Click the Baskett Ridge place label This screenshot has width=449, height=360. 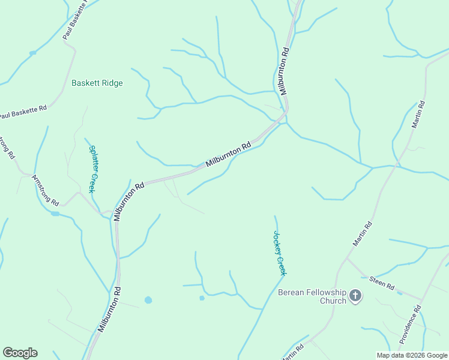(97, 83)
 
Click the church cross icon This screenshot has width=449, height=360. (355, 295)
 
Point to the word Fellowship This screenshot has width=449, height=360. (325, 292)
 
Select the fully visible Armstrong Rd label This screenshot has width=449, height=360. (46, 189)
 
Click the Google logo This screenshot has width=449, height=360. (20, 353)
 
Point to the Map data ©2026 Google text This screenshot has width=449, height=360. (411, 355)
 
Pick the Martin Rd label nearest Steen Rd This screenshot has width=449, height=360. (363, 234)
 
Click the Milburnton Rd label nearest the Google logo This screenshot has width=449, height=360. (109, 309)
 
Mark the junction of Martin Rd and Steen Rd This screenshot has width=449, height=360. (347, 259)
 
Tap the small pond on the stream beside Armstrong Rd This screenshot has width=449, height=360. (55, 213)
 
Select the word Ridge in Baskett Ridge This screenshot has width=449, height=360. (112, 83)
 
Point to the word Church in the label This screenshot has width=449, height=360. (333, 301)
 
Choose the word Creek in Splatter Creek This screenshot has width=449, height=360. (92, 182)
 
